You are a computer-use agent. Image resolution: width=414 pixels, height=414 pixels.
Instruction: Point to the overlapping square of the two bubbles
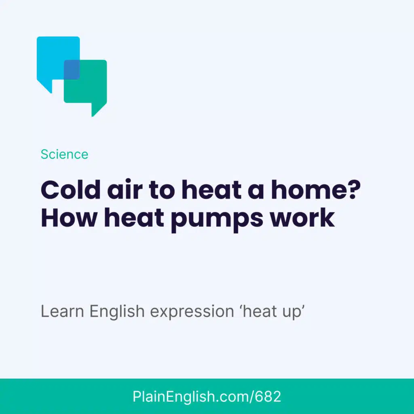click(x=72, y=70)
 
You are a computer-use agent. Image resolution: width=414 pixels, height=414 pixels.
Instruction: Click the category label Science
click(x=64, y=154)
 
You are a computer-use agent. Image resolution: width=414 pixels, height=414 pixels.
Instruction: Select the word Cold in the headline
click(x=70, y=190)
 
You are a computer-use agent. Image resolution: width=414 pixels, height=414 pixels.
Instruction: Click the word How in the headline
click(x=69, y=218)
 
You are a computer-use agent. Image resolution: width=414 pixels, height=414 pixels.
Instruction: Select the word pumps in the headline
click(x=217, y=220)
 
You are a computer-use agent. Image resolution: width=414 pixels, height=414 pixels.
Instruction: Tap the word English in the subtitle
click(x=117, y=312)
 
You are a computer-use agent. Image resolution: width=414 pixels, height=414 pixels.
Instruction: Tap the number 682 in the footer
click(x=268, y=397)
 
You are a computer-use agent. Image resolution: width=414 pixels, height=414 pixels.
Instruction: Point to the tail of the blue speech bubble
click(x=44, y=86)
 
